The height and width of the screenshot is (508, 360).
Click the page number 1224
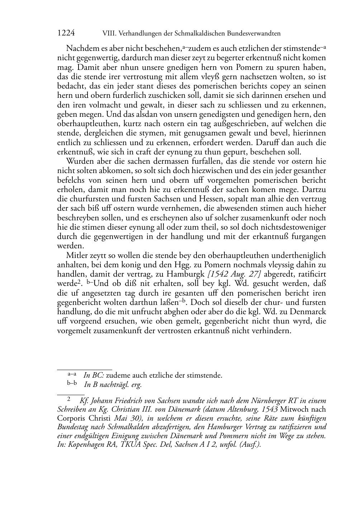[66, 33]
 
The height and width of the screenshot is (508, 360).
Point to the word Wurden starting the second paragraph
[78, 162]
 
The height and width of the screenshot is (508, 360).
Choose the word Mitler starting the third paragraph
[76, 255]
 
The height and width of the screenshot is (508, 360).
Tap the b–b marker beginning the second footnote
[72, 383]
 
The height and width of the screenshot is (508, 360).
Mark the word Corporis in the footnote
[70, 418]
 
